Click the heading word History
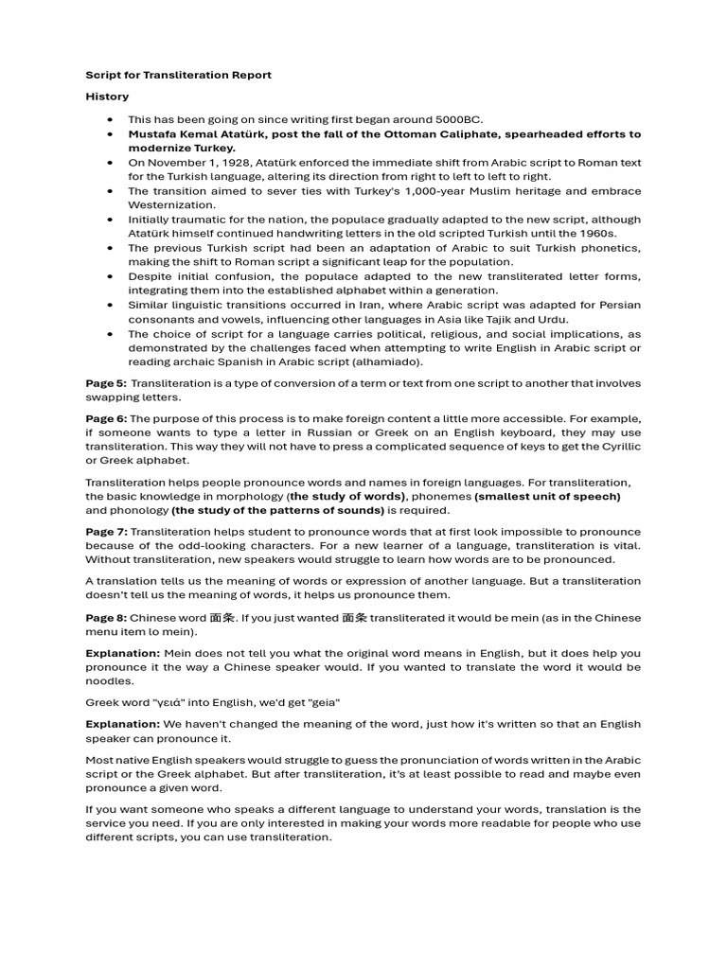point(107,97)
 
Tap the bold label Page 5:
point(105,383)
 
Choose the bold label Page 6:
point(105,418)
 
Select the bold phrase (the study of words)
point(348,496)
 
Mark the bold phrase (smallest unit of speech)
point(547,496)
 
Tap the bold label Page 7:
point(105,532)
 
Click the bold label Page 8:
point(105,618)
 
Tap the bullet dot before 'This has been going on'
point(111,120)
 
